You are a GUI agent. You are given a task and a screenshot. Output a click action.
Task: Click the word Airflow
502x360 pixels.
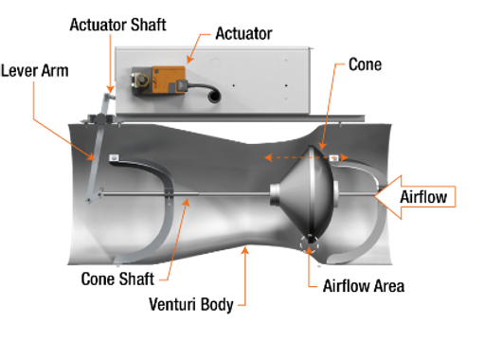tap(427, 197)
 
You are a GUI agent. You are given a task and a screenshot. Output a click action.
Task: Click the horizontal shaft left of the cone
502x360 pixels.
tap(208, 197)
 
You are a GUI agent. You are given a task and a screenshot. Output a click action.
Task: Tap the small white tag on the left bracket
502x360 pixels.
tap(114, 157)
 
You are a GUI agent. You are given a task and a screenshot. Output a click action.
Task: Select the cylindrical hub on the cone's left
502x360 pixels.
tap(278, 196)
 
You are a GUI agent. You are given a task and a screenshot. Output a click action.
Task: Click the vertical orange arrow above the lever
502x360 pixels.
tap(111, 66)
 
